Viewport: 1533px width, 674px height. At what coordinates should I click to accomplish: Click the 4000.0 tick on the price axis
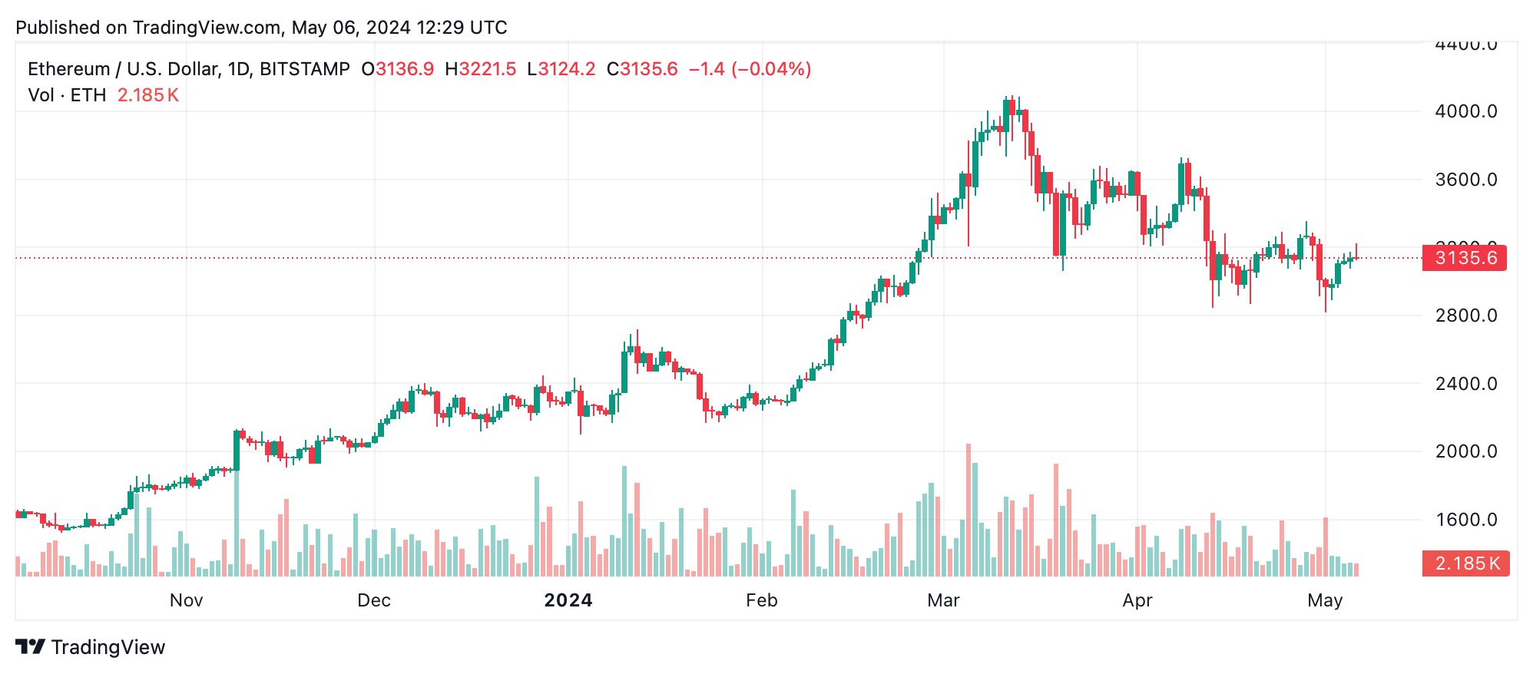(x=1465, y=112)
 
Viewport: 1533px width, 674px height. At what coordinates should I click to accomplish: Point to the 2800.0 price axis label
(x=1465, y=316)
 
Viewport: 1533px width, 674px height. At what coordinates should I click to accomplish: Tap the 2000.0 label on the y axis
(x=1465, y=451)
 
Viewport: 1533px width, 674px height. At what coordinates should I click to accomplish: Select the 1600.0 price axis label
(x=1465, y=520)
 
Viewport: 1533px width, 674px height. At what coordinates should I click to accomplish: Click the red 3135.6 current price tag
(x=1465, y=258)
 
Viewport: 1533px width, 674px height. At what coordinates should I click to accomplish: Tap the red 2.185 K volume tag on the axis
(x=1465, y=563)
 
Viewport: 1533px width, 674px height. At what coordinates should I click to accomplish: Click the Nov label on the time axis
(x=186, y=600)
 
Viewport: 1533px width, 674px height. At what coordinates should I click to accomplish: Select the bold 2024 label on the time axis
(x=568, y=600)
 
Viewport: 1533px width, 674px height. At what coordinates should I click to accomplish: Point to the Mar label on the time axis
(x=943, y=600)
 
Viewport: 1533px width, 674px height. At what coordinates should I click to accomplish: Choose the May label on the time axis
(x=1324, y=600)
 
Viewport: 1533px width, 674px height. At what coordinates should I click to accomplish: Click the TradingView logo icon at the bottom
(x=31, y=647)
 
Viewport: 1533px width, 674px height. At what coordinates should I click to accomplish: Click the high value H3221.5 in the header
(x=481, y=69)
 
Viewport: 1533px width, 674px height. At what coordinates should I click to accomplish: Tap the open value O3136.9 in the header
(x=398, y=69)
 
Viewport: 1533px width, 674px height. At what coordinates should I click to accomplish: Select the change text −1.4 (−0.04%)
(x=750, y=69)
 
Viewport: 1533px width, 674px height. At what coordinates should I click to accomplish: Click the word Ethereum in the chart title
(x=68, y=69)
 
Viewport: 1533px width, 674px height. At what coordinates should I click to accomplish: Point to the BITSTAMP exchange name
(x=305, y=69)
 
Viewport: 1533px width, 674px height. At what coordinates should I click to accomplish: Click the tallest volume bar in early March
(x=968, y=510)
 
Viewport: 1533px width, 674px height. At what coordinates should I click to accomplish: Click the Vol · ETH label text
(x=67, y=95)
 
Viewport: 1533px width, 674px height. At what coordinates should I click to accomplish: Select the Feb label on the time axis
(x=761, y=600)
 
